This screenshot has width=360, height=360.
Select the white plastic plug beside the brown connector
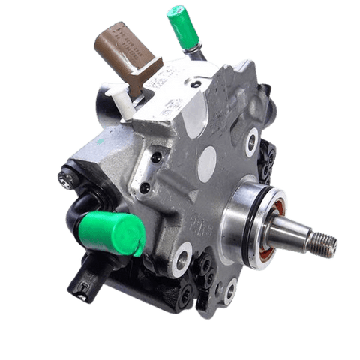(x=122, y=101)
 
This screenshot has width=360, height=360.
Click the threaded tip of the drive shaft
(x=324, y=243)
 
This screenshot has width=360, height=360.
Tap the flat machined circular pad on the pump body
(x=207, y=158)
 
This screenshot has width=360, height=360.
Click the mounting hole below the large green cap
(x=181, y=256)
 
